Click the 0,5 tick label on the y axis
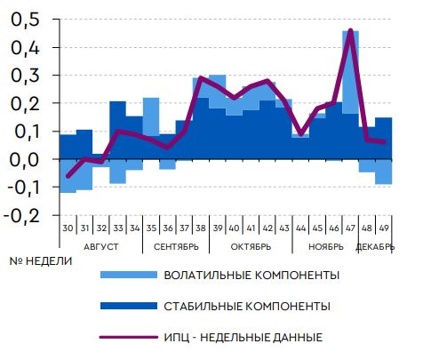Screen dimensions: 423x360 pyautogui.click(x=25, y=20)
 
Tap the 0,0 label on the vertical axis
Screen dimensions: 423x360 pyautogui.click(x=25, y=160)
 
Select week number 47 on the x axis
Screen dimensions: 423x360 pyautogui.click(x=350, y=228)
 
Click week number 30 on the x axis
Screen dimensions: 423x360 pyautogui.click(x=68, y=228)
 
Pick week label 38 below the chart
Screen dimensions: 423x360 pyautogui.click(x=201, y=228)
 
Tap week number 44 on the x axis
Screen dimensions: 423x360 pyautogui.click(x=300, y=228)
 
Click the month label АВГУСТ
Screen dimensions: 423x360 pyautogui.click(x=101, y=247)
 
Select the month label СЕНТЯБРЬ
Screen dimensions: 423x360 pyautogui.click(x=176, y=247)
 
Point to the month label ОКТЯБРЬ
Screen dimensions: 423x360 pyautogui.click(x=251, y=247)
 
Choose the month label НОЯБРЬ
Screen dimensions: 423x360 pyautogui.click(x=326, y=247)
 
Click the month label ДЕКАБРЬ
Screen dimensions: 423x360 pyautogui.click(x=375, y=247)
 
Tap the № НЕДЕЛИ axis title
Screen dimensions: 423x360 pyautogui.click(x=41, y=261)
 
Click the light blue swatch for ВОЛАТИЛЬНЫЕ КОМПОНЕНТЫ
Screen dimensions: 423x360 pyautogui.click(x=129, y=275)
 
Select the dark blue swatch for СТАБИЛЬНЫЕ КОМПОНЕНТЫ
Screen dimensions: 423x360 pyautogui.click(x=129, y=306)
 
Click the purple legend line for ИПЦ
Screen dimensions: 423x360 pyautogui.click(x=129, y=337)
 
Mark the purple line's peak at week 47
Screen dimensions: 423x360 pyautogui.click(x=351, y=30)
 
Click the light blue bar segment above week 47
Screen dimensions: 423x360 pyautogui.click(x=351, y=72)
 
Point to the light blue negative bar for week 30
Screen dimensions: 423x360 pyautogui.click(x=68, y=176)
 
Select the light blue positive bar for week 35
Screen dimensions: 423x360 pyautogui.click(x=151, y=117)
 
